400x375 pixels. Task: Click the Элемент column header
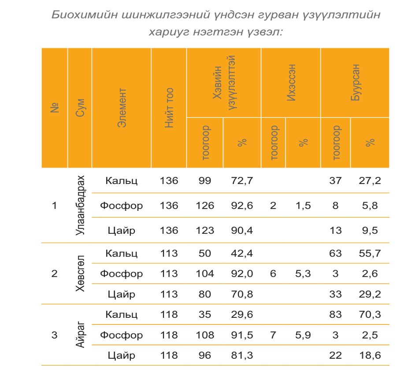[x=122, y=108]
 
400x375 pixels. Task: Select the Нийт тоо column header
[x=169, y=108]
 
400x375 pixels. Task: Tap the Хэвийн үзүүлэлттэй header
[x=224, y=83]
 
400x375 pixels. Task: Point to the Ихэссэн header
[x=291, y=83]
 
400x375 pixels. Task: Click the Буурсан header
[x=355, y=83]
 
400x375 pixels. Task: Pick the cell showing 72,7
[x=242, y=181]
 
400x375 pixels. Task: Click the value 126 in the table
[x=205, y=206]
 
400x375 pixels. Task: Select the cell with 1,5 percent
[x=303, y=206]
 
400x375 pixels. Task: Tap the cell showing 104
[x=205, y=273]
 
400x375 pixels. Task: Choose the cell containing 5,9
[x=303, y=335]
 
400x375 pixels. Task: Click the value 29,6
[x=242, y=315]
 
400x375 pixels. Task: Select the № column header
[x=55, y=108]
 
